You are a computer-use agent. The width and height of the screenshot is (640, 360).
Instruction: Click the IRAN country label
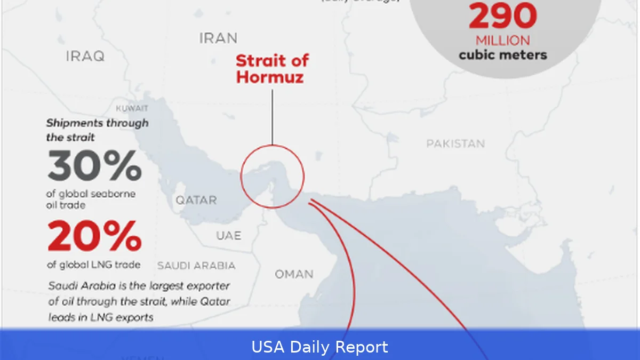coord(218,38)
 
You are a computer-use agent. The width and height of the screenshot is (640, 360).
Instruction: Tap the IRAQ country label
coord(85,56)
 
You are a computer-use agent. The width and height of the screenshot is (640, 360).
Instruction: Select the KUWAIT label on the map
coord(132,108)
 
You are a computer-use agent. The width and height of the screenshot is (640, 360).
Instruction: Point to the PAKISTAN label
coord(455,143)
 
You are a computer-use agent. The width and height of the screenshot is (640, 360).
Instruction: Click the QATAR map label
coord(196,201)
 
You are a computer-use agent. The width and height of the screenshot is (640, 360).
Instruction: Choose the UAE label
coord(228,235)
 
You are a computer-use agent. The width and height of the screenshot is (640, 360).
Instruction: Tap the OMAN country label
coord(294,274)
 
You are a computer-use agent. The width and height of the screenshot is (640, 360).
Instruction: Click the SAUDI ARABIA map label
coord(196,265)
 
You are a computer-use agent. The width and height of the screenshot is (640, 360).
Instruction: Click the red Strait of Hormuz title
coord(272,68)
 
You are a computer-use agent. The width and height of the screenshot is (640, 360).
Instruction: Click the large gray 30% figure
coord(94,165)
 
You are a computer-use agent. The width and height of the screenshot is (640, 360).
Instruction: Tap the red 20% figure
coord(94,236)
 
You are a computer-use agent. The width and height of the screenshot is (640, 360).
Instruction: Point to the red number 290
coord(502,16)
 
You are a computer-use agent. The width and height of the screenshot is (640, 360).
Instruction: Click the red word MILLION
coord(503,41)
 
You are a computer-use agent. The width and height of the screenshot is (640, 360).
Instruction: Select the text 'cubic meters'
coord(503,54)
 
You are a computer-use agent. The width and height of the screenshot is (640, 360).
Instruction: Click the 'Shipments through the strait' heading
coord(97,130)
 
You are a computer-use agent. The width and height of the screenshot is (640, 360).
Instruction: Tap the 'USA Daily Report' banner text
coord(320,347)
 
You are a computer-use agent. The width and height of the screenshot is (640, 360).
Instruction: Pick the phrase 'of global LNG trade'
coord(94,265)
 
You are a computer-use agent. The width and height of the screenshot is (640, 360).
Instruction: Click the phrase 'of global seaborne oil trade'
coord(91,199)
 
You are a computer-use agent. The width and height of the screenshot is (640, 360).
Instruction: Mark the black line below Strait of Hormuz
coord(272,117)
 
